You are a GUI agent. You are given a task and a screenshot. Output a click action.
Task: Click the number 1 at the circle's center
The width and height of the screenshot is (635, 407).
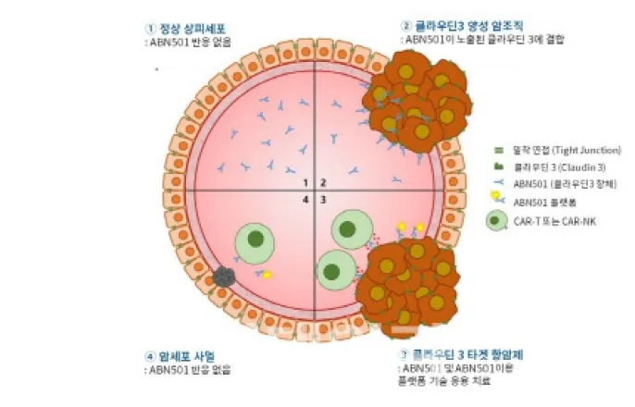[305, 181]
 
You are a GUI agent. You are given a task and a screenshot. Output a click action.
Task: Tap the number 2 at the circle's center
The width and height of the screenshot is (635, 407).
[323, 181]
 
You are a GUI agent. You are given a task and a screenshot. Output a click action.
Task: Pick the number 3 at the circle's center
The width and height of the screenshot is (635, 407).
[323, 198]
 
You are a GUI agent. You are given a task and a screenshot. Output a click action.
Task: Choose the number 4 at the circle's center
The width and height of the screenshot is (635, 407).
[305, 198]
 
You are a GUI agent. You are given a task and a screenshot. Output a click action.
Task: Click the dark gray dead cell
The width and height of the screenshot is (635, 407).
[224, 275]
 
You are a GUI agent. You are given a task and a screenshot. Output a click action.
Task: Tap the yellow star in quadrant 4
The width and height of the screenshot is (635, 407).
[267, 275]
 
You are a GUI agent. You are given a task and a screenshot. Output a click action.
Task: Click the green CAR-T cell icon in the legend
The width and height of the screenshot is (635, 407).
[497, 220]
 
